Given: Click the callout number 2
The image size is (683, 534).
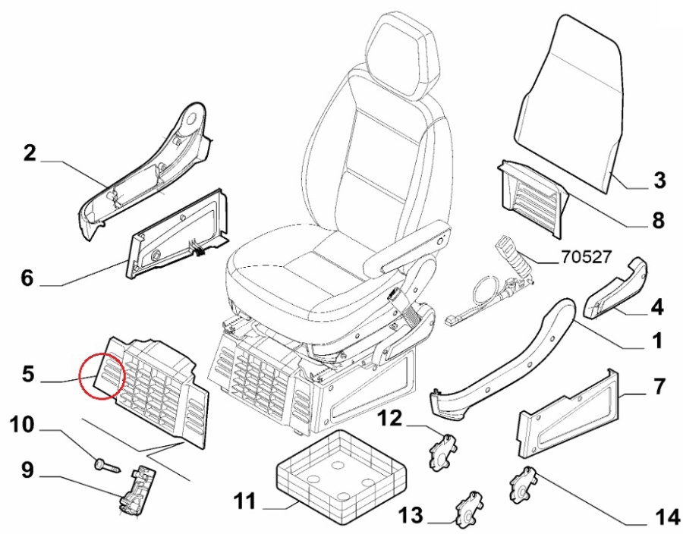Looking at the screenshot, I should pyautogui.click(x=30, y=154).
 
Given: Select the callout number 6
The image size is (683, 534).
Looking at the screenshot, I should pyautogui.click(x=27, y=278).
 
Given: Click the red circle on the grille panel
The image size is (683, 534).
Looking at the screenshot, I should pyautogui.click(x=102, y=375).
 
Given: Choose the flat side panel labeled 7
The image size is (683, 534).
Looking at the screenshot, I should pyautogui.click(x=566, y=413).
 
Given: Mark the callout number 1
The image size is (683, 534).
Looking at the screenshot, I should pyautogui.click(x=657, y=341).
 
